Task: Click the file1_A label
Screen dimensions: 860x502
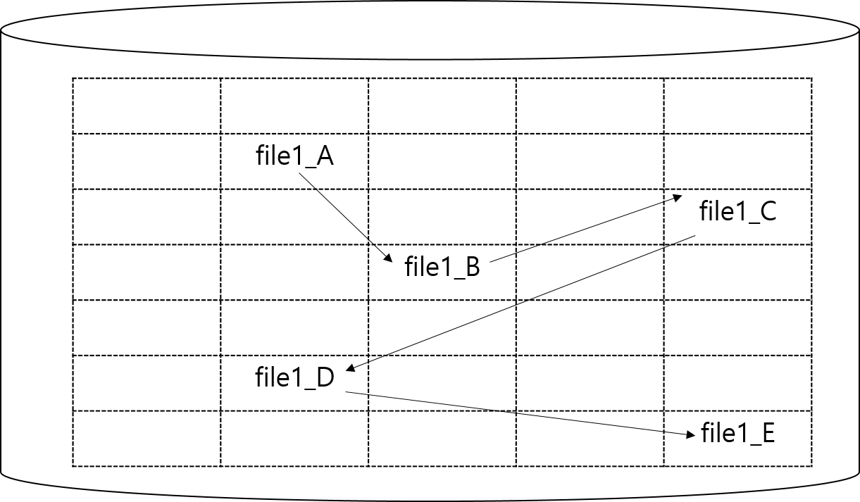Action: click(294, 156)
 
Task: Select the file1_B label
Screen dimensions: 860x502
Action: click(442, 268)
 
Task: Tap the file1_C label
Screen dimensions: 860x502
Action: click(737, 212)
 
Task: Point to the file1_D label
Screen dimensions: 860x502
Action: click(294, 378)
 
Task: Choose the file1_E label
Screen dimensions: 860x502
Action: click(738, 434)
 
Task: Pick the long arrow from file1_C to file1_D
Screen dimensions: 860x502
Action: click(521, 303)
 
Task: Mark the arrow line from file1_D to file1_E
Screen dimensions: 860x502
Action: click(514, 415)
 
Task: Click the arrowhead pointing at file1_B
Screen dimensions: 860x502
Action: click(388, 260)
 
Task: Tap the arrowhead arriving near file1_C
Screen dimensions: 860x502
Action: click(678, 198)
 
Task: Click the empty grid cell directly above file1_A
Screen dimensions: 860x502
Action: click(294, 106)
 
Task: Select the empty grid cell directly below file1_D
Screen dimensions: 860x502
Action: click(294, 438)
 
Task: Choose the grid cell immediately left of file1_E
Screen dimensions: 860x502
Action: click(590, 438)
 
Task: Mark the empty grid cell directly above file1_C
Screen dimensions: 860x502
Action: click(737, 161)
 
